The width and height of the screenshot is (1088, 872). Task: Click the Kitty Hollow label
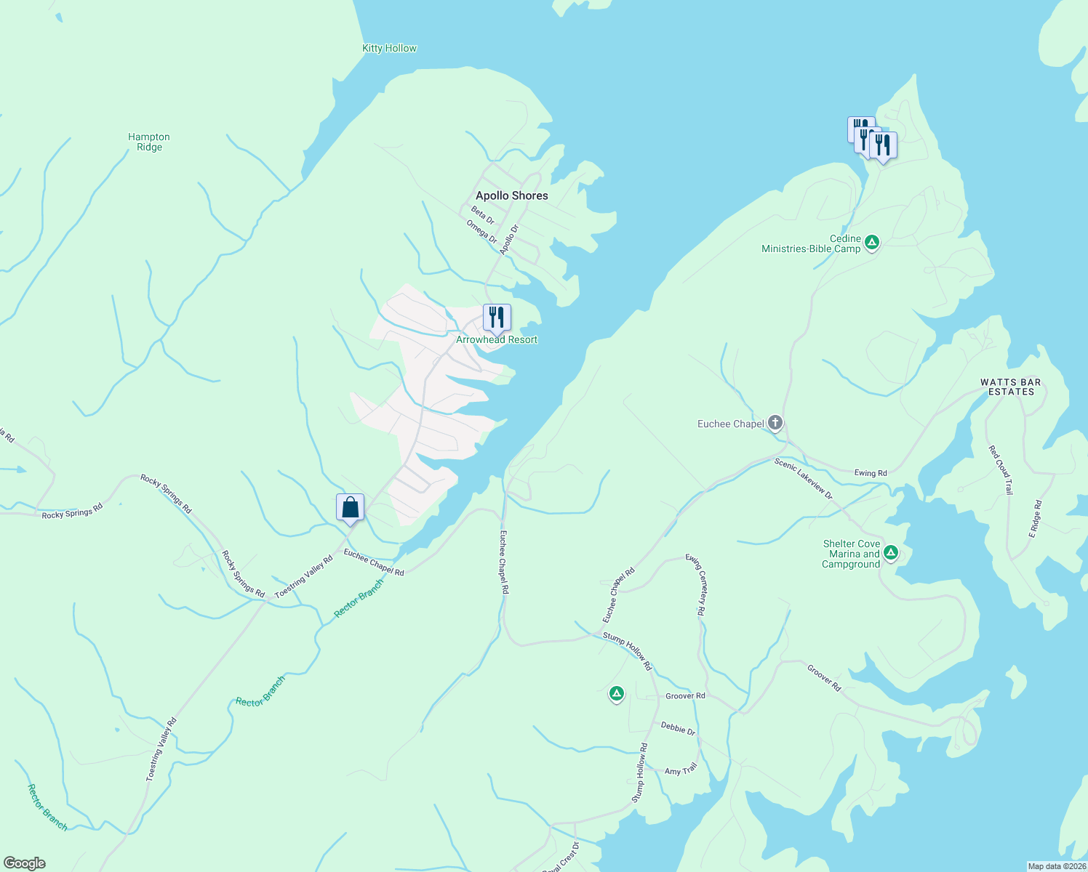point(389,49)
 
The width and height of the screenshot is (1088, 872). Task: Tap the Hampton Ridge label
point(149,142)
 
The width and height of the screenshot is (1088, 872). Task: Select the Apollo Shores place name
point(511,195)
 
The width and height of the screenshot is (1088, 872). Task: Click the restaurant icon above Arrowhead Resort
point(497,318)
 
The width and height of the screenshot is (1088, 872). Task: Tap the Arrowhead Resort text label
point(497,340)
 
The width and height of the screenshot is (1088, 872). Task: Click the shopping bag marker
point(350,507)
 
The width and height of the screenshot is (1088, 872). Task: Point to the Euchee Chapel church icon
point(775,423)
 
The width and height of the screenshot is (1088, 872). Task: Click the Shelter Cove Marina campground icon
point(890,553)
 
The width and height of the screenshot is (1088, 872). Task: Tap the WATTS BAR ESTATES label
point(1010,387)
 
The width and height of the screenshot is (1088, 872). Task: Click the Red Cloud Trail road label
point(1001,470)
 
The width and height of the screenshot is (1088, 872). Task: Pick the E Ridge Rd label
point(1036,519)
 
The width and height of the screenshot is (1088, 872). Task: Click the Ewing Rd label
point(871,473)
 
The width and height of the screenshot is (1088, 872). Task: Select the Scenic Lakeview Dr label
point(804,477)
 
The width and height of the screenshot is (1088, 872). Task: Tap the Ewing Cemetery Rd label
point(696,585)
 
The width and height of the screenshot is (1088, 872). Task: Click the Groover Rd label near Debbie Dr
point(685,696)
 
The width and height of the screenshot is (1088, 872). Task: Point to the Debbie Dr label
point(678,728)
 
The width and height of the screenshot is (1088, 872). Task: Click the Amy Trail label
point(681,770)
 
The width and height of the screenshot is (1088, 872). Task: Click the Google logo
point(24,863)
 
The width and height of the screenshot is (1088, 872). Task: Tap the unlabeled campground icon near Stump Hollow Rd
point(616,694)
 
